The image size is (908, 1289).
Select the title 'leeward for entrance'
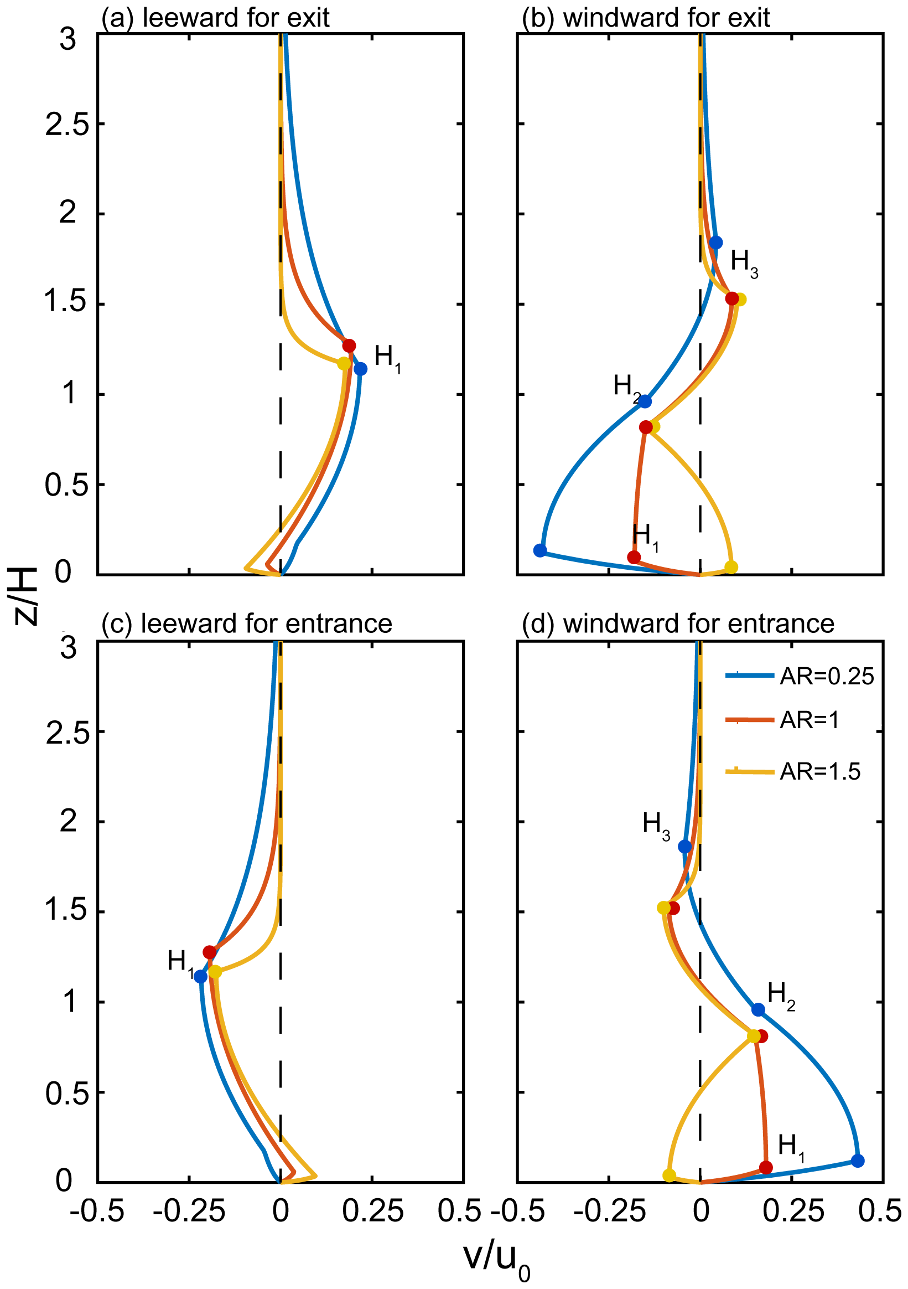tap(246, 623)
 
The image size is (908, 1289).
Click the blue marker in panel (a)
tap(360, 369)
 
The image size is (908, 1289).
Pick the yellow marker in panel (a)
tap(344, 363)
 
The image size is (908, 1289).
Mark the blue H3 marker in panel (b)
tap(715, 243)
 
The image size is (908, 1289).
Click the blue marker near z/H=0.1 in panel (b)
tap(540, 550)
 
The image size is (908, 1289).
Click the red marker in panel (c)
tap(210, 952)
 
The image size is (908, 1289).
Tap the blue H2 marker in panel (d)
tap(758, 1010)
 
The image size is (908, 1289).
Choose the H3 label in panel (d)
tap(656, 824)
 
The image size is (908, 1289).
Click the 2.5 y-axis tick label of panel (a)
tap(67, 124)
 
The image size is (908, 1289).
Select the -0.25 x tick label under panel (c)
tap(189, 1211)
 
